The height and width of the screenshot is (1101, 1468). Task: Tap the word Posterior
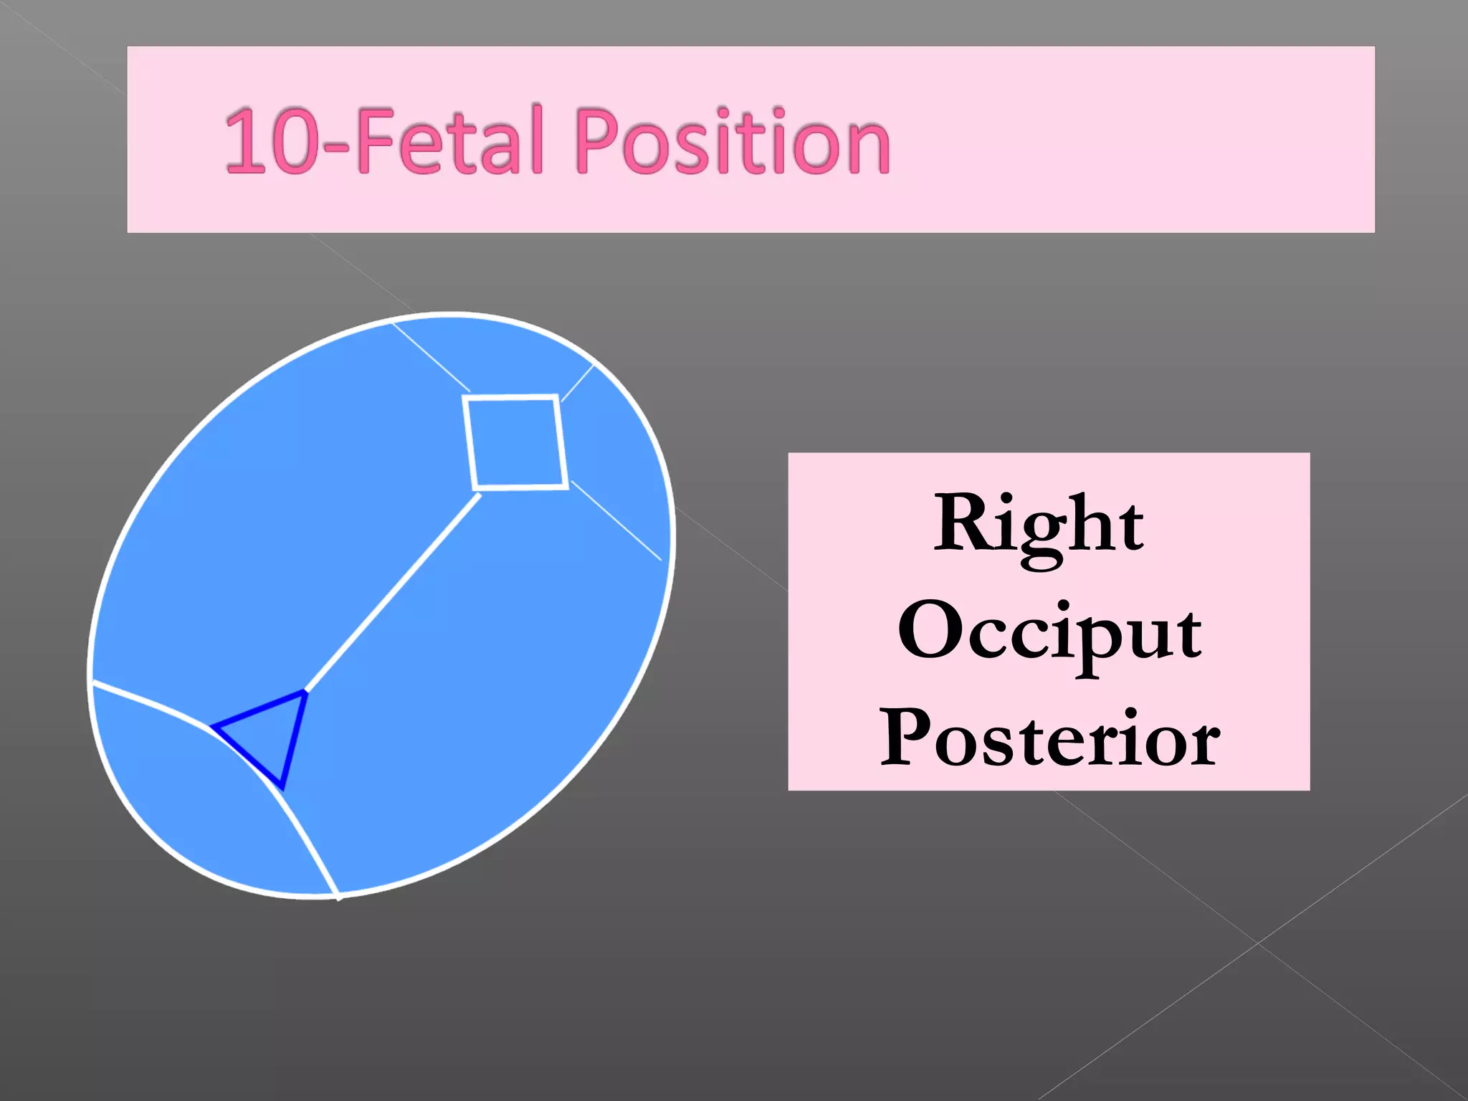tap(1049, 738)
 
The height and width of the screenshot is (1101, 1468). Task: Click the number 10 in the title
tap(272, 141)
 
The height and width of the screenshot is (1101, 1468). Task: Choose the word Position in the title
tap(732, 141)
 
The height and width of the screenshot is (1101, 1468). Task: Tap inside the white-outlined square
tap(515, 443)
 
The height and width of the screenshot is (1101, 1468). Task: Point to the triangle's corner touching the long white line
tap(306, 692)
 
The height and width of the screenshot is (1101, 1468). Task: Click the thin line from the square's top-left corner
tap(430, 356)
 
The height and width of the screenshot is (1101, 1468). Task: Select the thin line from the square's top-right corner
tap(577, 383)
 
